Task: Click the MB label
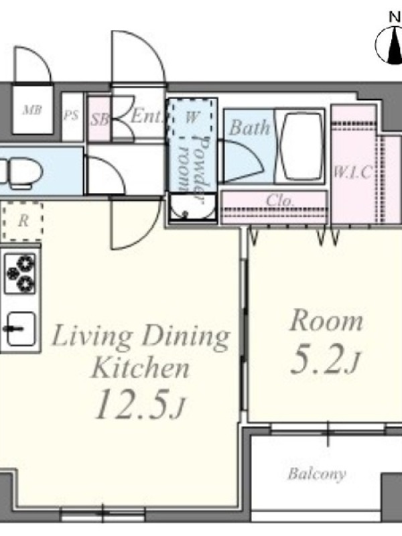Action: pos(32,110)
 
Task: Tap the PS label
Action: pos(71,115)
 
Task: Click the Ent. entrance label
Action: pos(146,115)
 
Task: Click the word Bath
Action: pos(249,127)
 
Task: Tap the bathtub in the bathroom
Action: pos(299,147)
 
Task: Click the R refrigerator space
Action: pos(23,221)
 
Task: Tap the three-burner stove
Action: pos(21,273)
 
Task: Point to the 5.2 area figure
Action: pos(324,360)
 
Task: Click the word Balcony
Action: pos(316,474)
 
